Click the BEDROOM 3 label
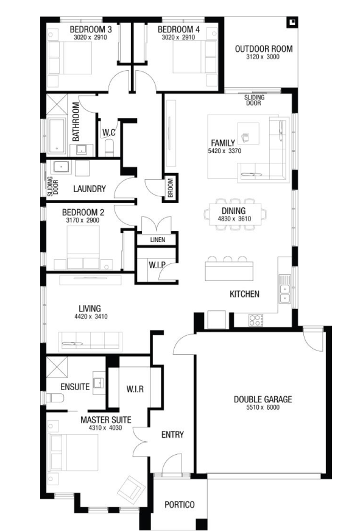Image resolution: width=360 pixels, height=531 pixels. coord(91,29)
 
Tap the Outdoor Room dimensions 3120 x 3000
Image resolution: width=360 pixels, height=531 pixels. coord(263,57)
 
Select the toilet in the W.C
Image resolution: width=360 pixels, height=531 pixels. coord(109,148)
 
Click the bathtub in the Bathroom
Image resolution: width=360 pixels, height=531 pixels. coord(57,135)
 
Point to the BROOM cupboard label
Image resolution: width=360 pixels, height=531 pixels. coord(171,188)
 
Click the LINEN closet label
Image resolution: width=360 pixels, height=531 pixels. coord(158,240)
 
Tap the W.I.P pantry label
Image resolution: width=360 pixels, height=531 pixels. coord(157,265)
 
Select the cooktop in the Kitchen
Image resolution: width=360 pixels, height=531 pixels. coord(256,320)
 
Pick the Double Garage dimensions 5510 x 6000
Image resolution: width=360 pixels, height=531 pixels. coord(263,407)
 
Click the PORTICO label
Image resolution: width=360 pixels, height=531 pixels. coord(180,505)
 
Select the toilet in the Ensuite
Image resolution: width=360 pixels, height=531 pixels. coord(55,397)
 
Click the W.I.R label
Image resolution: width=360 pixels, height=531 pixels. coord(135,389)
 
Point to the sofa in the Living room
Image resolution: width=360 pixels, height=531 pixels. coord(90,340)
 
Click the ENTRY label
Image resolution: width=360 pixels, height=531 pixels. coord(172,435)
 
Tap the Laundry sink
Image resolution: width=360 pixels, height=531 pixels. coord(62,167)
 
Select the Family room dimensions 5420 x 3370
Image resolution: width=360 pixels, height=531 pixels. coord(225,151)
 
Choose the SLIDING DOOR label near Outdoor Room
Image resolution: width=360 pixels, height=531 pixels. coord(254,100)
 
